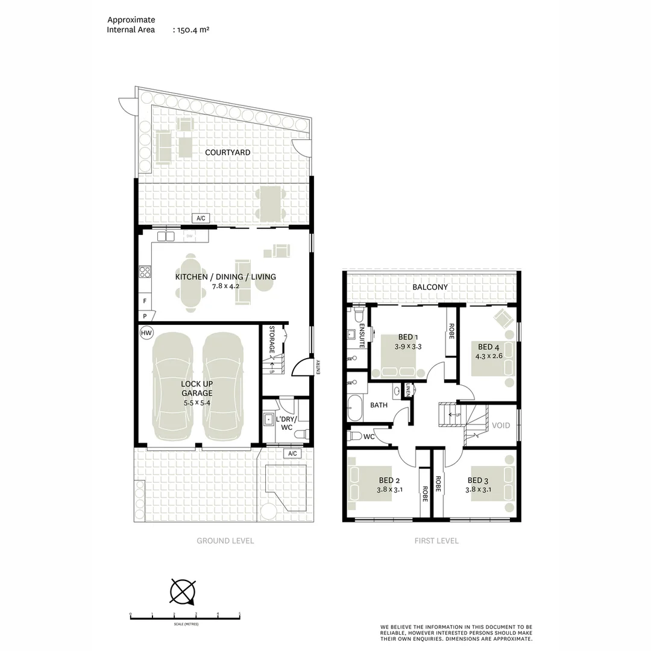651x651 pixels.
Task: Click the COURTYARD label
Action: click(227, 153)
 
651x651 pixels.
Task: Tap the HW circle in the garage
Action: click(146, 333)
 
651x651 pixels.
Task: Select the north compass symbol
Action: click(183, 591)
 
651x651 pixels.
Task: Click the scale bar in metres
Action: click(185, 617)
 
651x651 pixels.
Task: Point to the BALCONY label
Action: click(430, 288)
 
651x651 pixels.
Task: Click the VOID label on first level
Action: click(501, 426)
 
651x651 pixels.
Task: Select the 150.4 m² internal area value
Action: click(193, 30)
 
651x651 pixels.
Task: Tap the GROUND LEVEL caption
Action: click(225, 541)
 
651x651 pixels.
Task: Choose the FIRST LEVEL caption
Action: click(436, 541)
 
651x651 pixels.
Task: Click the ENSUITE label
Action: click(362, 336)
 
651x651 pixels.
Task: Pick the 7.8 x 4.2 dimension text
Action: click(225, 286)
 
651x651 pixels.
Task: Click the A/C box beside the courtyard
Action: click(201, 219)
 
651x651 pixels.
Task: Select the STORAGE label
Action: click(272, 340)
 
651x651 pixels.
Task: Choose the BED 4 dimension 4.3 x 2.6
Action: click(488, 356)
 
